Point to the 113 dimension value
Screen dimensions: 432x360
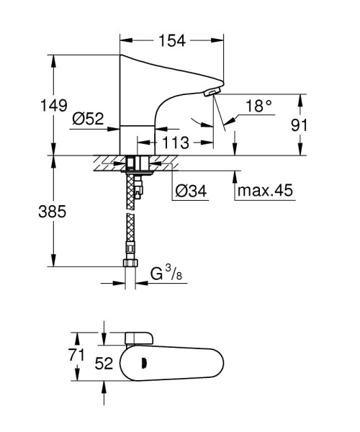pyautogui.click(x=176, y=142)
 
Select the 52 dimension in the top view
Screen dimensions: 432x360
pyautogui.click(x=104, y=364)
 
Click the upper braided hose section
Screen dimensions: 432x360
pyautogui.click(x=130, y=189)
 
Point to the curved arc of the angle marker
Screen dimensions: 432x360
pyautogui.click(x=198, y=120)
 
